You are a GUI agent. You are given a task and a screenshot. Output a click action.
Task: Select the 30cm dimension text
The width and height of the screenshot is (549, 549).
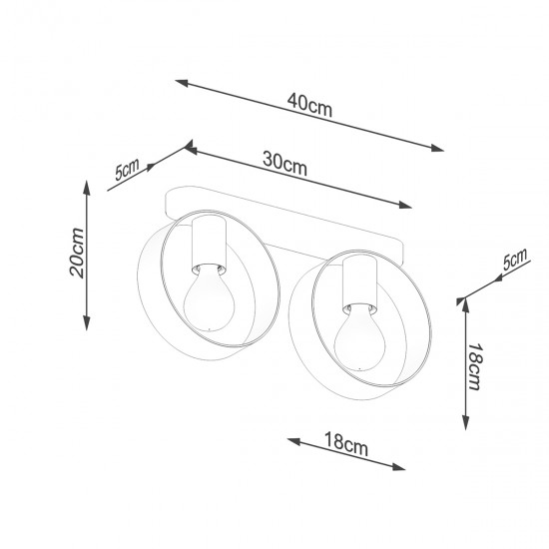pos(285,164)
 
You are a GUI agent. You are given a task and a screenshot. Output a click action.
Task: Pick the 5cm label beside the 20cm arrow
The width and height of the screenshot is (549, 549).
pos(128,169)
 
